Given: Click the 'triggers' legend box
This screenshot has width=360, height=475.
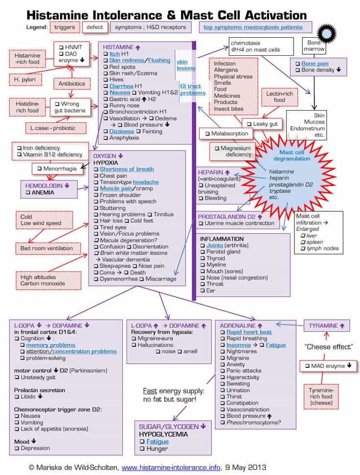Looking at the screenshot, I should (65, 27).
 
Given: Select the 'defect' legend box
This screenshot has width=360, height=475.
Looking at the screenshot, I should (94, 27).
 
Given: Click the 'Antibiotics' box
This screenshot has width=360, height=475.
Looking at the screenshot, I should (72, 84).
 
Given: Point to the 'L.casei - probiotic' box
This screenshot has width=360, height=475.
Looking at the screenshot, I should (55, 127).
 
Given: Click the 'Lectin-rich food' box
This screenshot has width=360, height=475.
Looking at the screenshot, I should (279, 96).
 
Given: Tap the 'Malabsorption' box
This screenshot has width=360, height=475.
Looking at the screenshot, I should (230, 134).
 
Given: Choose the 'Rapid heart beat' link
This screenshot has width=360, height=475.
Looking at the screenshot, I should (249, 332).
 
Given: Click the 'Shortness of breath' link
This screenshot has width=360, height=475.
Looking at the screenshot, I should (126, 169).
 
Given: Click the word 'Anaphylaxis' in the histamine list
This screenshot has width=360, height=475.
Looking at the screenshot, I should (125, 137).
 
